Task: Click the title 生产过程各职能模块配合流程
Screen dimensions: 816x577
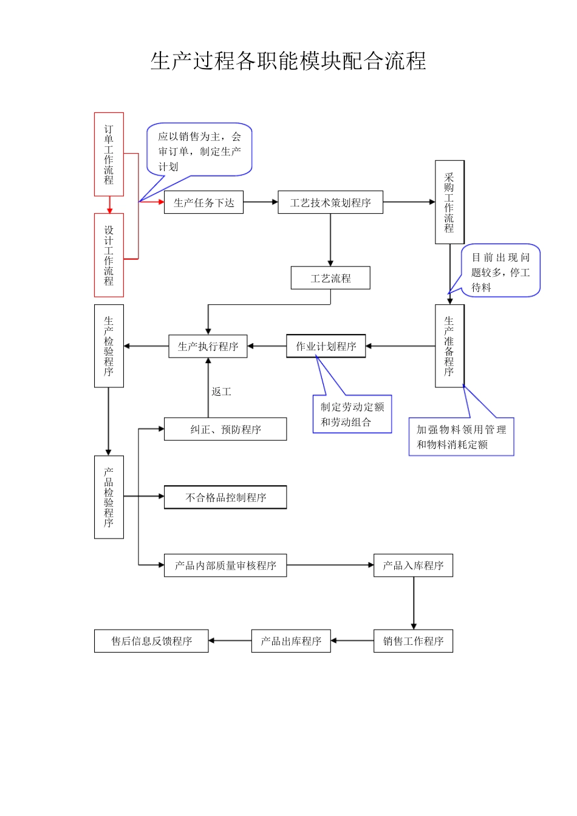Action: tap(288, 61)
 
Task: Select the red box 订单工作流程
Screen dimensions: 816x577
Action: tap(109, 154)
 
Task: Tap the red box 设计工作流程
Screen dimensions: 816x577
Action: tap(109, 255)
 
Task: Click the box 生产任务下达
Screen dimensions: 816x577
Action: tap(203, 203)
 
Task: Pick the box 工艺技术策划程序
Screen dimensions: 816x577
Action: tap(330, 203)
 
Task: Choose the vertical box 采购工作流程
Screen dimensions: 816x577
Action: tap(449, 202)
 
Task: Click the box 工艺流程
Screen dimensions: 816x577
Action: tap(330, 279)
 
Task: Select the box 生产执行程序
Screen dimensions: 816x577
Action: tap(208, 347)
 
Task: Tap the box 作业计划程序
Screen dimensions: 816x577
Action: tap(326, 347)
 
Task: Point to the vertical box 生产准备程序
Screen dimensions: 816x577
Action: tap(449, 346)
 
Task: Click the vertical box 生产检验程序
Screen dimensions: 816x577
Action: tap(109, 346)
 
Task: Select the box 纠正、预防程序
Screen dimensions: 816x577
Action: tap(225, 429)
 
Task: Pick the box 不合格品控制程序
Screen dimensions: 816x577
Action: tap(225, 497)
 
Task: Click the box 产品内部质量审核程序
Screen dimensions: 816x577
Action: tap(225, 565)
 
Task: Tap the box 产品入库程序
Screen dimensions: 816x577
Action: tap(413, 565)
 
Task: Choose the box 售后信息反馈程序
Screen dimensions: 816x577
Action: tap(151, 641)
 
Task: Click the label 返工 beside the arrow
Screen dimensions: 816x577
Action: tap(221, 392)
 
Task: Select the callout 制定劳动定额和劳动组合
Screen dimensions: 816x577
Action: tap(352, 415)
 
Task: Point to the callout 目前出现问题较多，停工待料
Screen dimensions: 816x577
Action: tap(500, 272)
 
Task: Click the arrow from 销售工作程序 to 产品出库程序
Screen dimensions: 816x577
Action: tap(352, 641)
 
